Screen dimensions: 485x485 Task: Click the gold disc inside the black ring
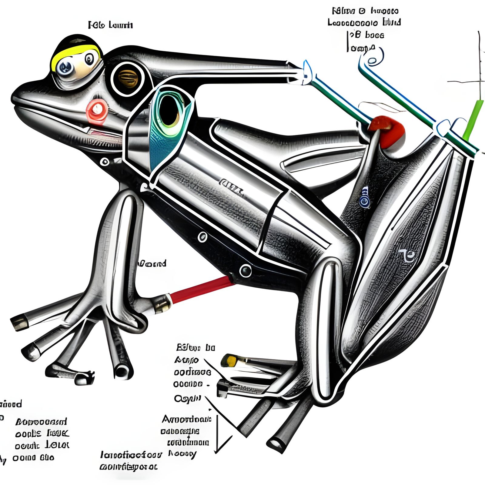(x=128, y=78)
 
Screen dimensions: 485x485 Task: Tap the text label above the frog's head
(x=110, y=25)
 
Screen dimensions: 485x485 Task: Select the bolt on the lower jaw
(x=105, y=162)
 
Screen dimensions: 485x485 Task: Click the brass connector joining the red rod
(x=161, y=303)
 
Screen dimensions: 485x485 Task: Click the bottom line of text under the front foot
(x=129, y=467)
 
